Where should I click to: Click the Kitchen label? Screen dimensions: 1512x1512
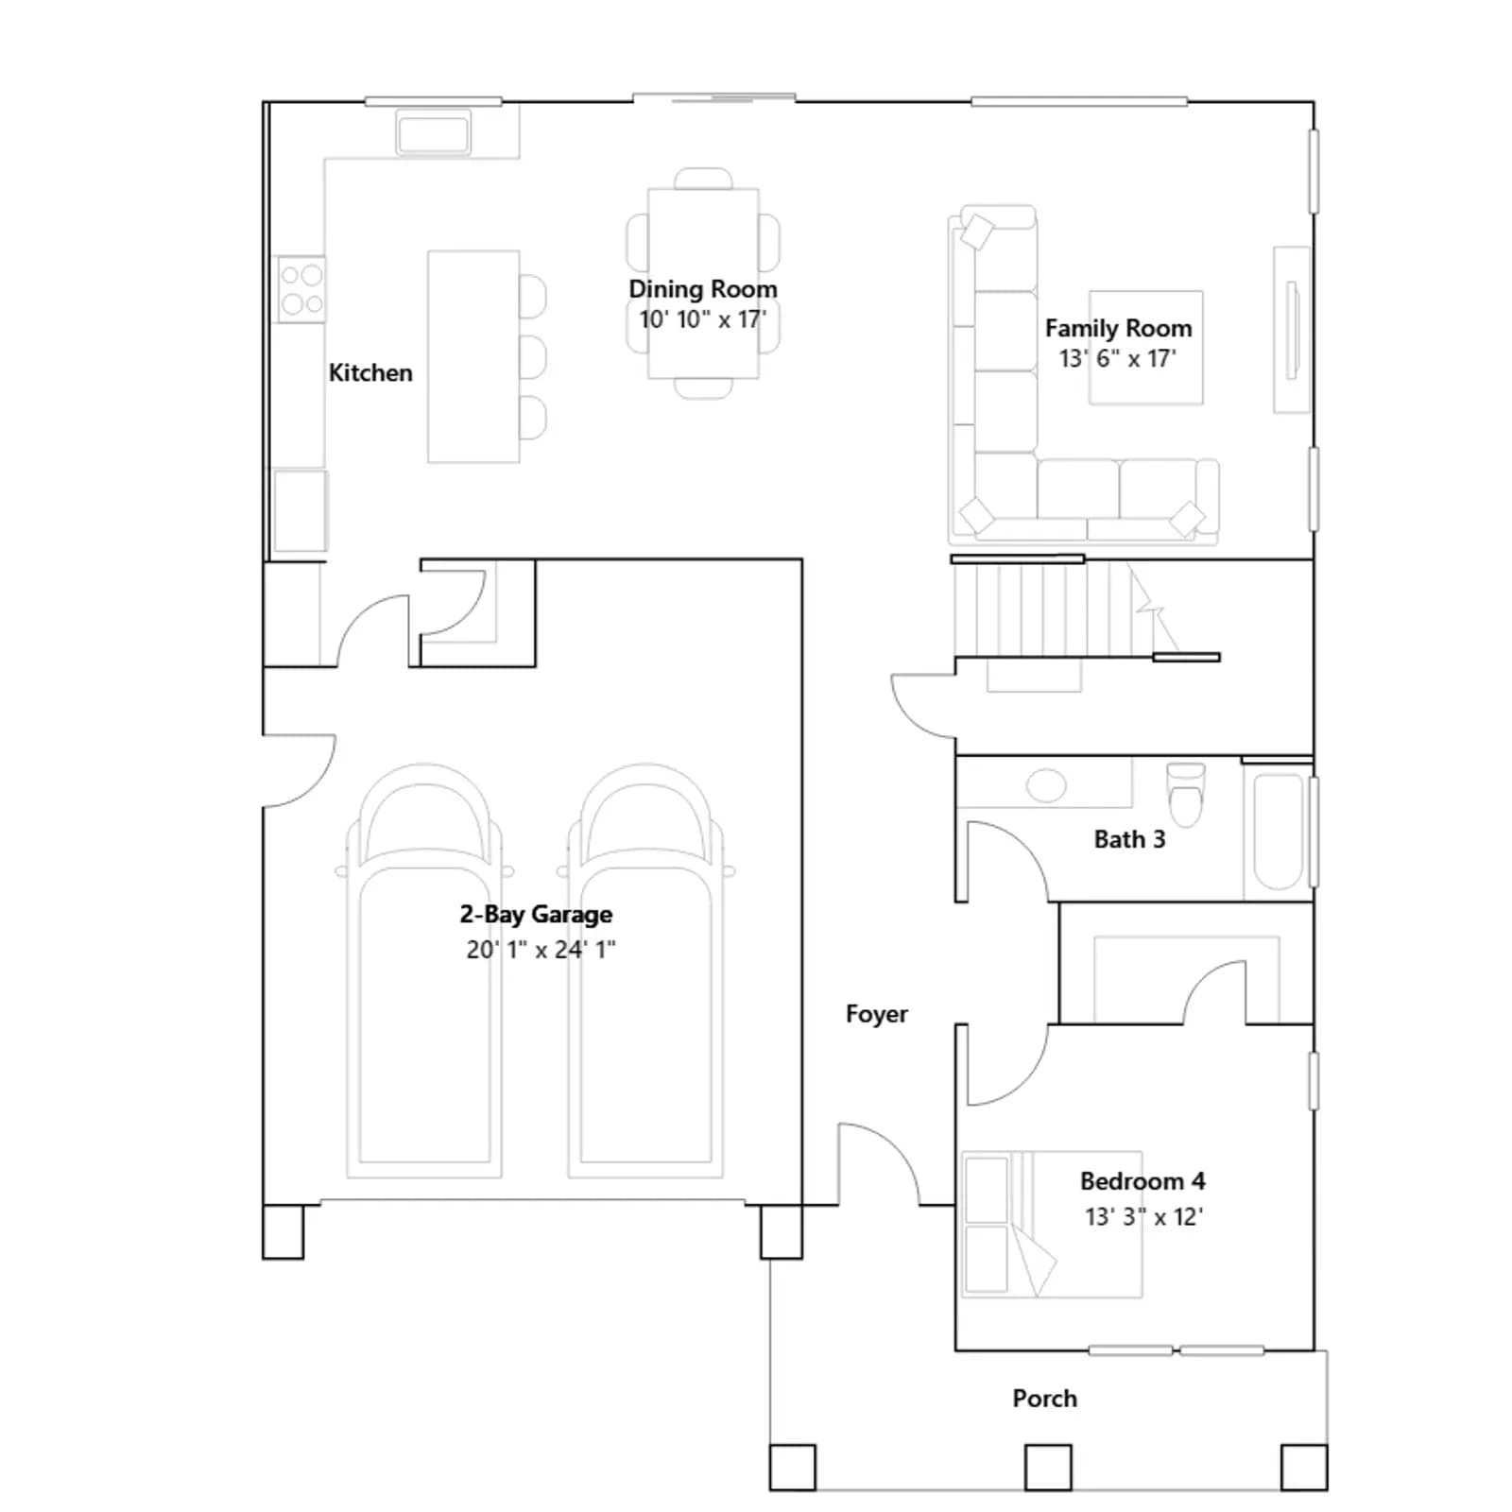click(370, 372)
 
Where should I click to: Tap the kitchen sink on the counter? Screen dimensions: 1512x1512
click(433, 131)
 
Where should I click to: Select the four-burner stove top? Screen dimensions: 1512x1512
click(301, 289)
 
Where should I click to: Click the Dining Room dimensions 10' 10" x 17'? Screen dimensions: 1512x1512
click(702, 319)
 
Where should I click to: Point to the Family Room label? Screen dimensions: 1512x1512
click(1118, 328)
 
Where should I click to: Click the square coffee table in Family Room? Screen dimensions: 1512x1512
click(1145, 347)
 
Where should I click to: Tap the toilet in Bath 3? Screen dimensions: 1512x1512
click(1186, 793)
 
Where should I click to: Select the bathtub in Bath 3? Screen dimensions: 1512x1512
click(1278, 833)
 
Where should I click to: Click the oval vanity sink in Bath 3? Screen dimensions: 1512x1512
click(1045, 786)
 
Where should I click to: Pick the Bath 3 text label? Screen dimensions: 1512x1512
click(1129, 839)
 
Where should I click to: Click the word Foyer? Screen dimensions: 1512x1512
click(876, 1014)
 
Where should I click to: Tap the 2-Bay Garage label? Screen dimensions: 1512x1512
click(536, 914)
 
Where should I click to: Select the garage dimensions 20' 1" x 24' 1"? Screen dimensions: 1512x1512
click(541, 949)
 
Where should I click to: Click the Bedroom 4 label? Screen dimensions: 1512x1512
click(1143, 1181)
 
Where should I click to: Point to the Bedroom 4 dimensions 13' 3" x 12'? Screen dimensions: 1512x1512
click(1143, 1216)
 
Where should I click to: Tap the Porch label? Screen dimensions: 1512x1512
click(1044, 1399)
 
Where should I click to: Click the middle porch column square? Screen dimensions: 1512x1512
click(1048, 1467)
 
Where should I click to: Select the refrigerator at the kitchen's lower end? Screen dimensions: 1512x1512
click(301, 510)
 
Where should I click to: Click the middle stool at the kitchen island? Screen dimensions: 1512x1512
click(532, 357)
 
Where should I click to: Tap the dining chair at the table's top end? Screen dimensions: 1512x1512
click(703, 179)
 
